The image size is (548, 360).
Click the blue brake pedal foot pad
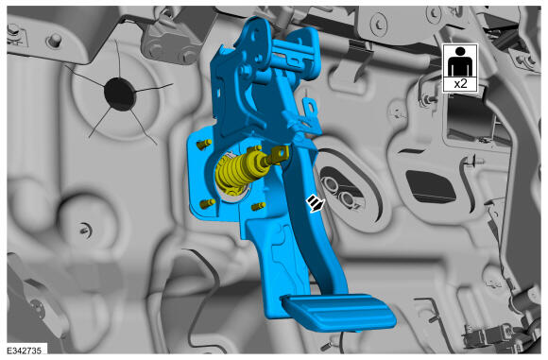pos(338,312)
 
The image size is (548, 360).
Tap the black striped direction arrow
pos(316,203)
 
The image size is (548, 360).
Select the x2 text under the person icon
pos(460,84)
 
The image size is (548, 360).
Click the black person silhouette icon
pos(460,61)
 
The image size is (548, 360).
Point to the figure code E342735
pos(24,351)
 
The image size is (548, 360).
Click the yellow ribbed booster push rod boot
pos(235,172)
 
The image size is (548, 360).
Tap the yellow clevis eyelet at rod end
pos(281,153)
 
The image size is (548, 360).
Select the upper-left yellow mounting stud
pos(204,144)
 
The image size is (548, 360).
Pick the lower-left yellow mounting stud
pos(207,203)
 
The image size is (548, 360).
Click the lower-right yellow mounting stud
pos(259,206)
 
